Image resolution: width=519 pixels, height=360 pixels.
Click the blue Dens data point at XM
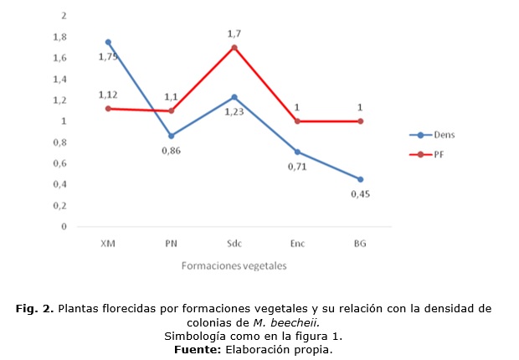coord(108,42)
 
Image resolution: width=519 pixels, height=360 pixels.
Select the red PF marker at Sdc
coord(234,47)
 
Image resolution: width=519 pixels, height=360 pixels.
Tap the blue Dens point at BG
coord(361,179)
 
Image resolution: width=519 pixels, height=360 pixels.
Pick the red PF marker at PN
coord(172,111)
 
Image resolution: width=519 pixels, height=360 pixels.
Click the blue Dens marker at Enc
coord(297,152)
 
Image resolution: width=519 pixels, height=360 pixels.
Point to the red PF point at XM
coord(108,108)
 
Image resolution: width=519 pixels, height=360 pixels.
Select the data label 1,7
coord(234,33)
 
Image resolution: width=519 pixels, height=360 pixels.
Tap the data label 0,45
coord(361,196)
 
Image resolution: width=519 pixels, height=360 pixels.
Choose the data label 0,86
coord(172,151)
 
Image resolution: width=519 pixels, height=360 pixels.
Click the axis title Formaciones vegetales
coord(234,265)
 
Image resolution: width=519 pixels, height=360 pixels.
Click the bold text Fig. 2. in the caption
coord(35,309)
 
